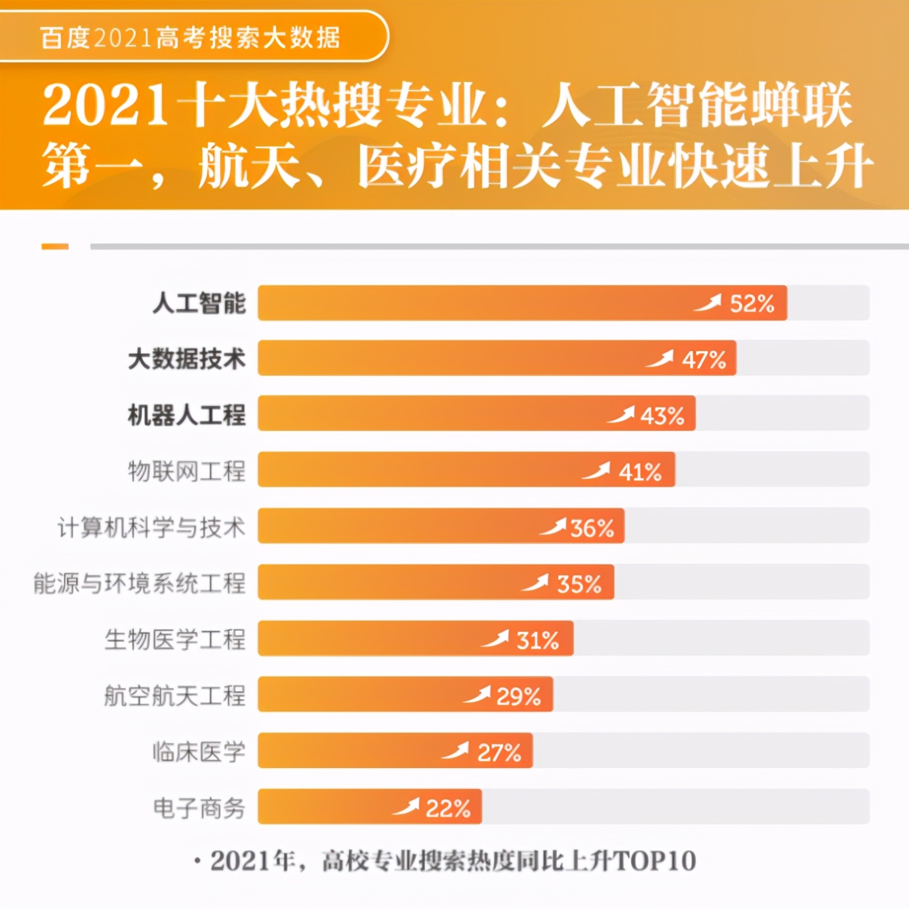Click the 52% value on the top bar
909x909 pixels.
click(x=752, y=304)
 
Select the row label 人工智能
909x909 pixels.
click(x=199, y=304)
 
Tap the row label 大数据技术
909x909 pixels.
click(x=187, y=359)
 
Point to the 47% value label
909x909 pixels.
click(x=704, y=360)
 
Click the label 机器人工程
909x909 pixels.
click(x=187, y=415)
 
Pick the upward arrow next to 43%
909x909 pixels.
click(x=621, y=415)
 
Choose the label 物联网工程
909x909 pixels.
click(x=187, y=471)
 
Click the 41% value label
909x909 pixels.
click(x=640, y=472)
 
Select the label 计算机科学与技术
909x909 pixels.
click(x=151, y=527)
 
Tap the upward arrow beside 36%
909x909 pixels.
click(x=553, y=527)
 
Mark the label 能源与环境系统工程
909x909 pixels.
click(x=140, y=583)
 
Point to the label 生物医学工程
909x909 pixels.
click(x=175, y=639)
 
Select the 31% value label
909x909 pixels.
click(x=538, y=641)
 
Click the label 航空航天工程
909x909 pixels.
click(x=175, y=695)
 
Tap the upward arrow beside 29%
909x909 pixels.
click(x=477, y=695)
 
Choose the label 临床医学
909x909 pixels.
click(x=199, y=752)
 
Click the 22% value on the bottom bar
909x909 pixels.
click(x=448, y=809)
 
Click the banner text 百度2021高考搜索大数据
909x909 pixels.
click(x=190, y=37)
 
